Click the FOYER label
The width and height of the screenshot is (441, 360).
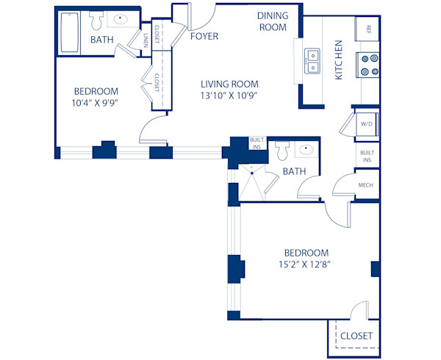point(203,35)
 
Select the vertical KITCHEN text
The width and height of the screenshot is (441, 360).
point(339,60)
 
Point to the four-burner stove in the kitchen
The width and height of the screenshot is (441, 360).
point(368,65)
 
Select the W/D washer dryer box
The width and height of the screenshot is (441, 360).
point(367,125)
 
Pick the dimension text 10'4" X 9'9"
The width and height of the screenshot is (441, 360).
point(96,103)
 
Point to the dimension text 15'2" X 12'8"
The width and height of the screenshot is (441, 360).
point(304,264)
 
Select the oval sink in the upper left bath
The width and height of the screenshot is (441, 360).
point(121,21)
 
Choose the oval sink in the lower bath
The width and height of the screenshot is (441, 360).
point(306,150)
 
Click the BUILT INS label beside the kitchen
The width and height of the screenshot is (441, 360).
point(366,156)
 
